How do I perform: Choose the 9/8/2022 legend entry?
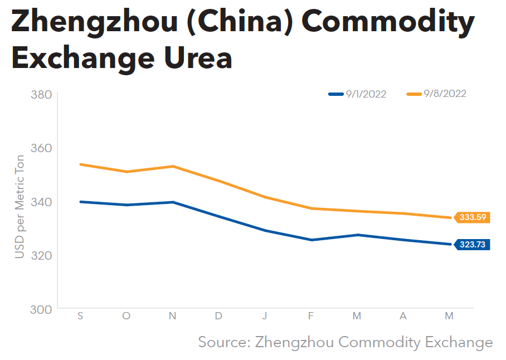pos(436,94)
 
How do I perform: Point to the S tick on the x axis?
pos(81,316)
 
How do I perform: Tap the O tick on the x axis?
pos(126,316)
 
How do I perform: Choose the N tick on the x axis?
pos(173,316)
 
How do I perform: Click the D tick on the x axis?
pos(218,316)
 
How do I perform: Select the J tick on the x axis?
pos(265,316)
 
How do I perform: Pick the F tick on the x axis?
pos(311,316)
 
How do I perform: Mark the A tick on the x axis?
pos(403,316)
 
